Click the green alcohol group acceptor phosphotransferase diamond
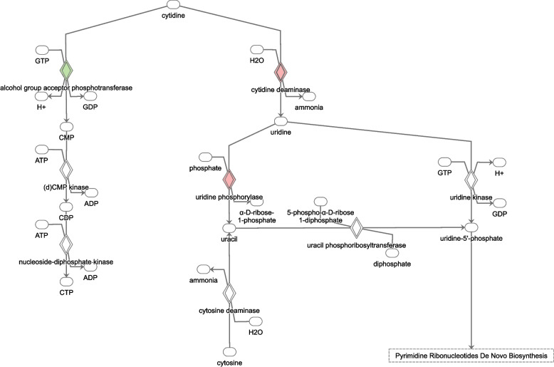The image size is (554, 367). (66, 71)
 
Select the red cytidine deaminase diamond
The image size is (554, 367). (281, 71)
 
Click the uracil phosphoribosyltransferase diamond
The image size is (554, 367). (357, 227)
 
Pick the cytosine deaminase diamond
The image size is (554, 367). (229, 292)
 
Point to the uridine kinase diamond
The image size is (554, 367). (471, 177)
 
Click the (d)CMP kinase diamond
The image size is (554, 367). (66, 170)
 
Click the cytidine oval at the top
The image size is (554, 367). (173, 6)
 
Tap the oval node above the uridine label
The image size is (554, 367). (281, 121)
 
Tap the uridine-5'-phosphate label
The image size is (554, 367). (471, 238)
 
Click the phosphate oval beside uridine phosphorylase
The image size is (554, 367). (207, 156)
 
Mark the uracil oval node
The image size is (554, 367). (229, 228)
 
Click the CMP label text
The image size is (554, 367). (66, 136)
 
